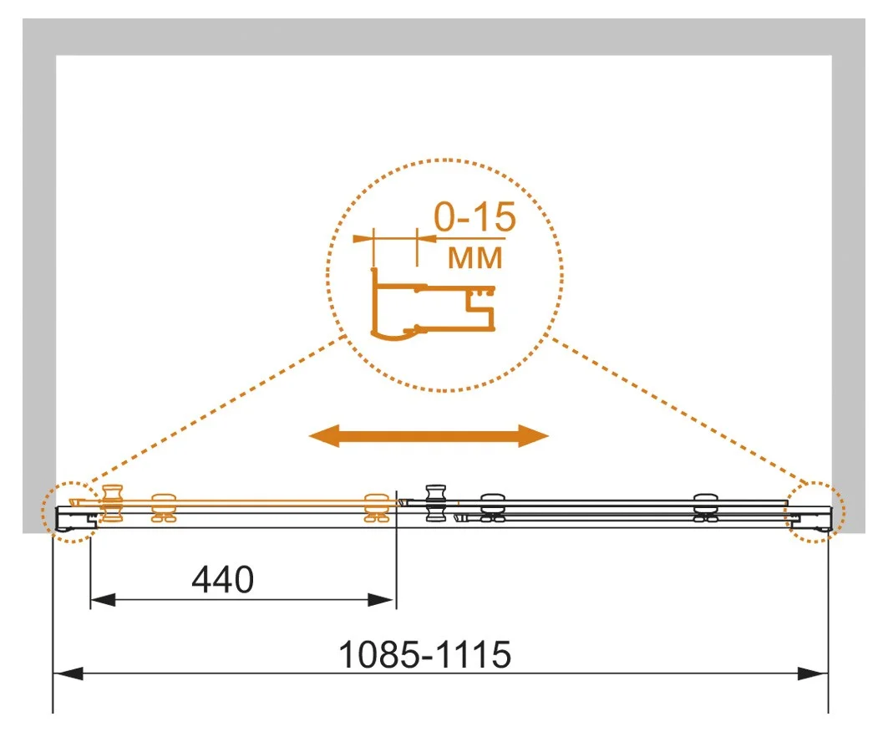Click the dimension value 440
222,580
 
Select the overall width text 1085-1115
424,654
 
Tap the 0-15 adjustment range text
475,217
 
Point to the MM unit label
475,257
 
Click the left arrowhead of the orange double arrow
324,435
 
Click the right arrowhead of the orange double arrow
534,435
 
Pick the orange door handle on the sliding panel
112,503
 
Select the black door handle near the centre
435,502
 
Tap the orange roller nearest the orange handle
164,508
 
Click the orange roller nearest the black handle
377,508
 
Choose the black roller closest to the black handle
493,508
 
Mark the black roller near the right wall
706,508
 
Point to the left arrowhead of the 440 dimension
103,600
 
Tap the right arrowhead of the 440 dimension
381,600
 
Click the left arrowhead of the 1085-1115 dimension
68,674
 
